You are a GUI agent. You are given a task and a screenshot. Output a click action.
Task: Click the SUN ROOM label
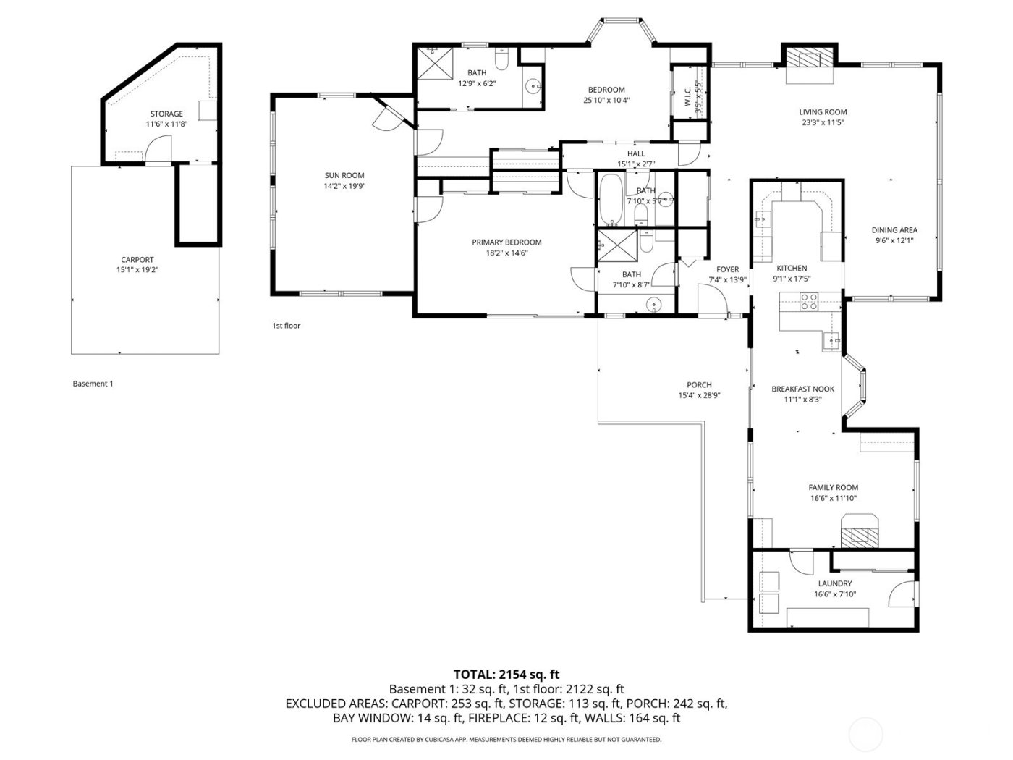point(344,175)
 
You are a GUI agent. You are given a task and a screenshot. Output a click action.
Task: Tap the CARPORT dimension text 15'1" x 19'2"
point(137,269)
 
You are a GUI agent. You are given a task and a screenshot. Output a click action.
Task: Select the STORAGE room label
point(166,114)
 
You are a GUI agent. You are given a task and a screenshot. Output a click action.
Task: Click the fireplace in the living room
point(809,57)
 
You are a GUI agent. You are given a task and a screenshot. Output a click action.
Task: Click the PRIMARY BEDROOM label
point(506,242)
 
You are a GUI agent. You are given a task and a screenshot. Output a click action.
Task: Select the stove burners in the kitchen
point(809,301)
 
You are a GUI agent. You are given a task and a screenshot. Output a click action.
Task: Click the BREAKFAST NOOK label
point(802,389)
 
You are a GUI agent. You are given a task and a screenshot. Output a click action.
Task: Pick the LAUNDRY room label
point(834,583)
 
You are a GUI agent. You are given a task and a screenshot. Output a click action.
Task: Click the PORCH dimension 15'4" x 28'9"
point(699,395)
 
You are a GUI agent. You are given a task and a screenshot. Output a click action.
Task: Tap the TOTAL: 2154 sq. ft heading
point(506,674)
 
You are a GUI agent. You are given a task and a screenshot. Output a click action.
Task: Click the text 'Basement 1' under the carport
point(93,384)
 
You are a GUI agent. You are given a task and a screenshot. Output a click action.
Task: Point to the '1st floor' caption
point(286,326)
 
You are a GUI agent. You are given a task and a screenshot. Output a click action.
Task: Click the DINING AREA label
point(894,230)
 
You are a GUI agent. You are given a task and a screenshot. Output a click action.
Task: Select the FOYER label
point(727,269)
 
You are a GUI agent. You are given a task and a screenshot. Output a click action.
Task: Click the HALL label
point(636,153)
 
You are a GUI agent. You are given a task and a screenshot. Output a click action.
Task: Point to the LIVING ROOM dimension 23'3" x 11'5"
point(823,122)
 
